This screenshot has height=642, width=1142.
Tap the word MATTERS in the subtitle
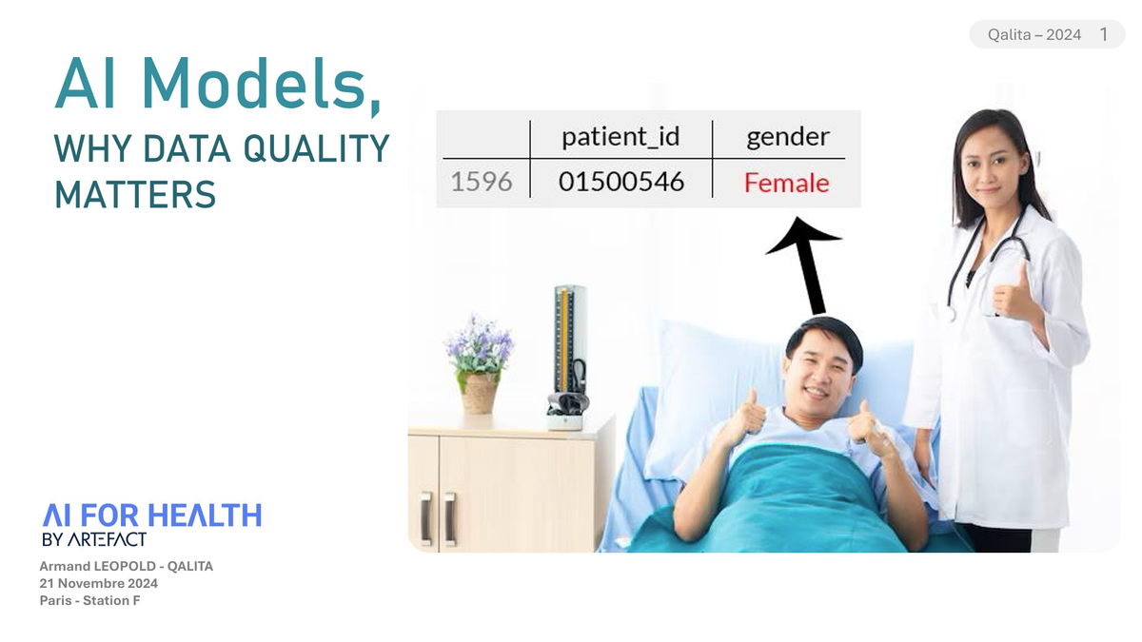tap(135, 194)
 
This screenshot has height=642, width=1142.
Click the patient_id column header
tap(620, 136)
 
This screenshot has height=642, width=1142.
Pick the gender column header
tap(787, 136)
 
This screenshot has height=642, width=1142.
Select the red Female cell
tap(786, 183)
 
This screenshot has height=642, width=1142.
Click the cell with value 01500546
tap(620, 182)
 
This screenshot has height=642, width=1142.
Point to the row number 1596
tap(481, 182)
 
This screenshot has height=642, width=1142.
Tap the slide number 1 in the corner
tap(1104, 34)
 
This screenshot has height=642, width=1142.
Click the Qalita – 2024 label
tap(1034, 34)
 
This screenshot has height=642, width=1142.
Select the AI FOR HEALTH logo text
tap(151, 516)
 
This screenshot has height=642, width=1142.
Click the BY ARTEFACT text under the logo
tap(94, 539)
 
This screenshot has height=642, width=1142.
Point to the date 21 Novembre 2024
tap(98, 583)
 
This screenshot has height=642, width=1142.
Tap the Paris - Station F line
tap(89, 600)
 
